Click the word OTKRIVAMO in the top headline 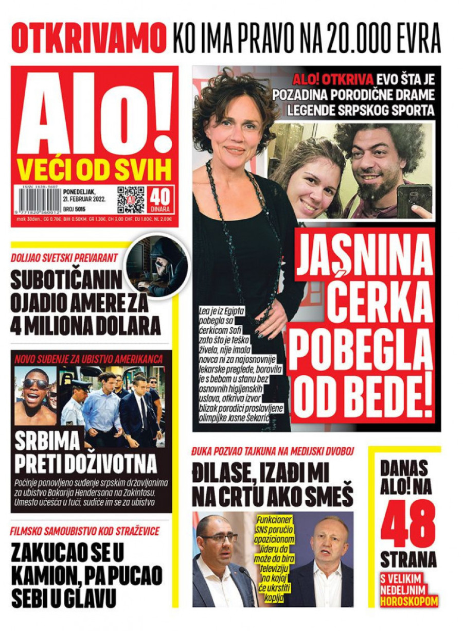[x=88, y=38]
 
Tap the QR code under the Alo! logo [x=131, y=199]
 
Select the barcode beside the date [x=40, y=200]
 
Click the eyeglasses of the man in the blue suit [x=219, y=538]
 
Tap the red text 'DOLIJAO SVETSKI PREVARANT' [x=64, y=258]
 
